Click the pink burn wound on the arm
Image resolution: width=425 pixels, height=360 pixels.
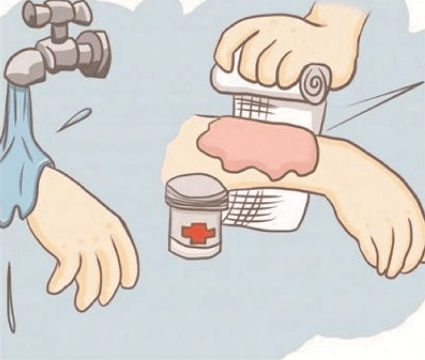tap(260, 148)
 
